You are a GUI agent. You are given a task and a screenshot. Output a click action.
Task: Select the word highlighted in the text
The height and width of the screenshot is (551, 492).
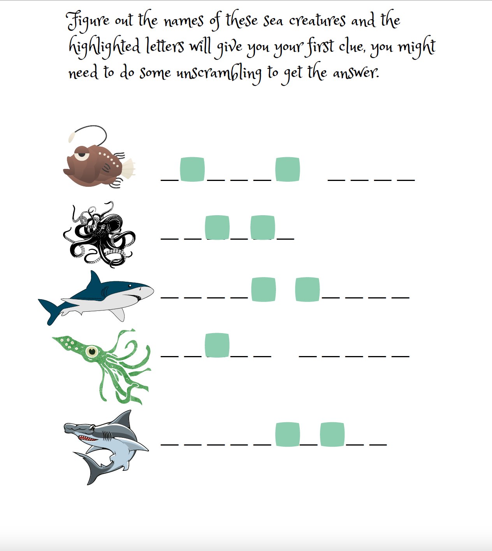click(x=104, y=47)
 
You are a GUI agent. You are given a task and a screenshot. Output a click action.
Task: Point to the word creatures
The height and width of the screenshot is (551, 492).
click(x=317, y=20)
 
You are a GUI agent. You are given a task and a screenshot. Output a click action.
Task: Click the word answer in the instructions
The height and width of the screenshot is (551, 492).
click(x=356, y=73)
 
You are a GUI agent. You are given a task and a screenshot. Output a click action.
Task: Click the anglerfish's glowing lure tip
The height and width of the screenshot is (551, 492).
click(x=72, y=137)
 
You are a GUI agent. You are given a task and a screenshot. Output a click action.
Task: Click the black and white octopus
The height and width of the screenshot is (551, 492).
click(x=99, y=234)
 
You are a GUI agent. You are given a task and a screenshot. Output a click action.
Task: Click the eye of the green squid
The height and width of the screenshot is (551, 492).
click(x=92, y=351)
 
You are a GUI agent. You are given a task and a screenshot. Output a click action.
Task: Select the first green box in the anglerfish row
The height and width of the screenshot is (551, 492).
click(x=192, y=169)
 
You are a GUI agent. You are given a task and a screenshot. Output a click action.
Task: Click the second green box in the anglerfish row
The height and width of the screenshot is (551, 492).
click(x=288, y=169)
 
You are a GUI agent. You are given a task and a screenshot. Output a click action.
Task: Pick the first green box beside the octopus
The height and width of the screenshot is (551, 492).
click(x=217, y=227)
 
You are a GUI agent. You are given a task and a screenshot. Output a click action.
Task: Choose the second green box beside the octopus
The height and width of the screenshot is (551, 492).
click(x=263, y=227)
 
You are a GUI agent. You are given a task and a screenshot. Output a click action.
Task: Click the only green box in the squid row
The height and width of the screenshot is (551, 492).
click(x=217, y=345)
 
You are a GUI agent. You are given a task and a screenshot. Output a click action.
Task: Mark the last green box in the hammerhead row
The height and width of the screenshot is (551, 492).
click(x=332, y=434)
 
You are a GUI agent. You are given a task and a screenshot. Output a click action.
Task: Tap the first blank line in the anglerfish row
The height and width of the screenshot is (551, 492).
click(x=170, y=180)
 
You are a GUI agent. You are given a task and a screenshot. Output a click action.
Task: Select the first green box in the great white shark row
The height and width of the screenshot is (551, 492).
click(x=264, y=290)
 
